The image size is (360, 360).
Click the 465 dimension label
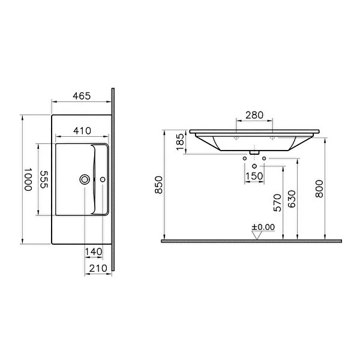pyautogui.click(x=82, y=96)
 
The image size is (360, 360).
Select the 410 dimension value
pyautogui.click(x=82, y=130)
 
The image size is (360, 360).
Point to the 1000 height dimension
pyautogui.click(x=28, y=179)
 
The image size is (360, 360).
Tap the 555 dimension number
pyautogui.click(x=44, y=179)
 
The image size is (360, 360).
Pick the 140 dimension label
pyautogui.click(x=93, y=252)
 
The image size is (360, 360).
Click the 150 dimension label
pyautogui.click(x=255, y=176)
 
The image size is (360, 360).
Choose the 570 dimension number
pyautogui.click(x=277, y=204)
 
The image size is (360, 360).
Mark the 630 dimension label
pyautogui.click(x=292, y=199)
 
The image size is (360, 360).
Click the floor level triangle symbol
pyautogui.click(x=259, y=235)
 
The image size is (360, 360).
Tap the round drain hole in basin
pyautogui.click(x=85, y=179)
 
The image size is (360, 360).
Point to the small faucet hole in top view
pyautogui.click(x=103, y=179)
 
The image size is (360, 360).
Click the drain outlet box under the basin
pyautogui.click(x=255, y=152)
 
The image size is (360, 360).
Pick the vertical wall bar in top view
pyautogui.click(x=113, y=180)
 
